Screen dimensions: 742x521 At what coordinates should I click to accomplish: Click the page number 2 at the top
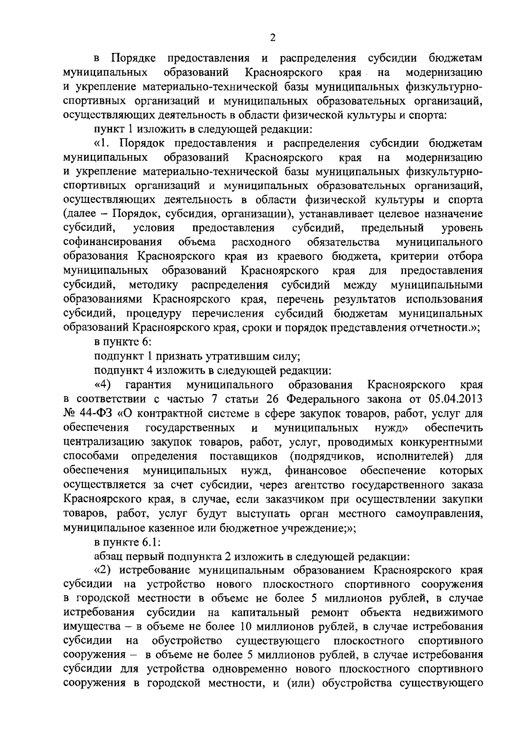272,38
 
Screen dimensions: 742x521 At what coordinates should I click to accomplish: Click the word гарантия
148,384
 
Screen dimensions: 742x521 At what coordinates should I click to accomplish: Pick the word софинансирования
113,241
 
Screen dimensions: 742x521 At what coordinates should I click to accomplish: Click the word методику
154,285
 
